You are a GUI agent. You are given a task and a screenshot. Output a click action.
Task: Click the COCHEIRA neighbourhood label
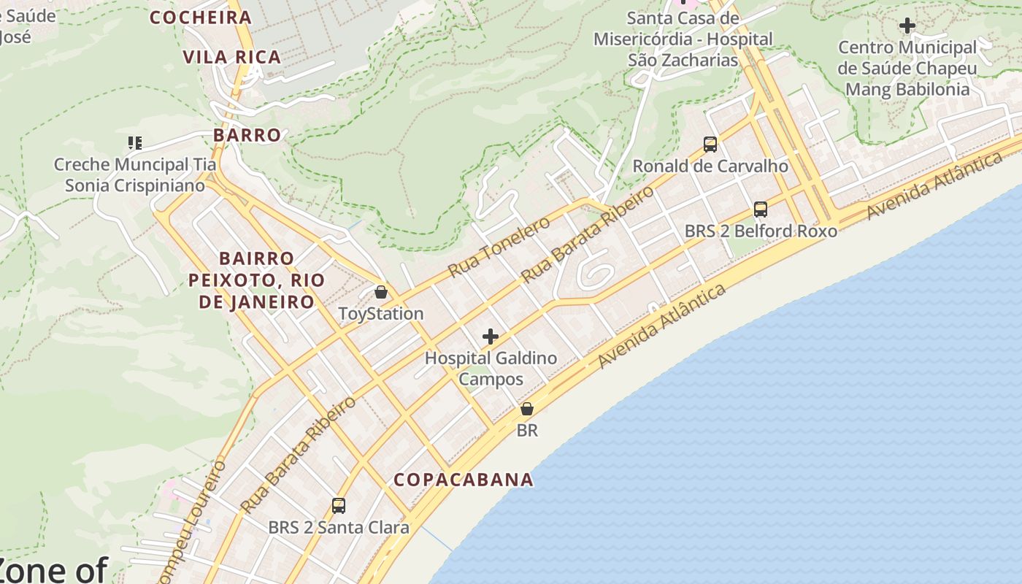(x=201, y=18)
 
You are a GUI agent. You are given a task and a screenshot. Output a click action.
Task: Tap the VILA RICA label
(x=232, y=57)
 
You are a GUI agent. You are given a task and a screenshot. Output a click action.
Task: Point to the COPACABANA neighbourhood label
(x=464, y=480)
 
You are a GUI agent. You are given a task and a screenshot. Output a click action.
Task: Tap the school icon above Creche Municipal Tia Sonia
(x=134, y=142)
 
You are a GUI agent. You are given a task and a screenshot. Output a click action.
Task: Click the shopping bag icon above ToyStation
(x=380, y=293)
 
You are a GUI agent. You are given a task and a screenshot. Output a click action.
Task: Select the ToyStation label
(x=380, y=314)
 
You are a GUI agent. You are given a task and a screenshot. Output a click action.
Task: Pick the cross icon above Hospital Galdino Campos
(x=491, y=337)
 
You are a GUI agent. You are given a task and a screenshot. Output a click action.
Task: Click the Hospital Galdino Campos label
(x=491, y=369)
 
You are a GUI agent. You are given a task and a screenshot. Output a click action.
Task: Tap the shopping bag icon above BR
(x=526, y=409)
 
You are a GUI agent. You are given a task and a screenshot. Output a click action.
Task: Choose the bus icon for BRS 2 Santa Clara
(x=338, y=505)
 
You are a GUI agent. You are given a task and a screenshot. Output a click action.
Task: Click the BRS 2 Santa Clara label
(x=338, y=527)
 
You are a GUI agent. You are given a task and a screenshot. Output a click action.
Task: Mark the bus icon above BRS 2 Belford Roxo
(x=760, y=210)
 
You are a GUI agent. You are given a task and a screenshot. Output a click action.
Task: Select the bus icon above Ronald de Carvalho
(x=710, y=145)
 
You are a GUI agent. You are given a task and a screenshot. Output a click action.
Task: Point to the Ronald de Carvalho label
(x=710, y=166)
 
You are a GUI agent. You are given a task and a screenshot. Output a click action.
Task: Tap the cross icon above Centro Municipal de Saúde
(x=907, y=26)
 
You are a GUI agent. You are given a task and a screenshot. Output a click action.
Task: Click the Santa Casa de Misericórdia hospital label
(x=683, y=39)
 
